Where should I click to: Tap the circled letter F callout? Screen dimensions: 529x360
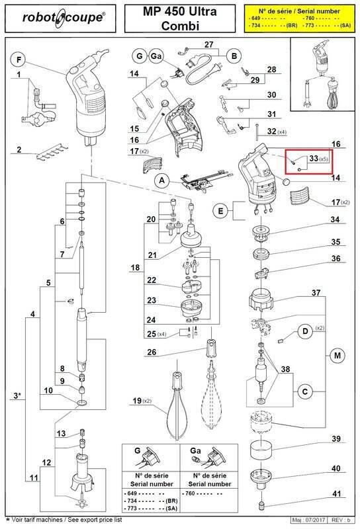tap(19, 61)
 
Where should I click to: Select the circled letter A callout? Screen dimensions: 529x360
tap(160, 180)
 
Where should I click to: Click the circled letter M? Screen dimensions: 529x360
tap(337, 356)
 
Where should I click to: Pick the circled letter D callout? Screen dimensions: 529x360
tap(306, 331)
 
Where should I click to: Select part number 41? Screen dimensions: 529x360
tap(336, 494)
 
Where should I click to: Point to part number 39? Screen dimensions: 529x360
tap(336, 439)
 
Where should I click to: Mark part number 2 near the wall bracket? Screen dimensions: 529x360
tap(20, 150)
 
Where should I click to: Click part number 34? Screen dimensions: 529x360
tap(336, 220)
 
